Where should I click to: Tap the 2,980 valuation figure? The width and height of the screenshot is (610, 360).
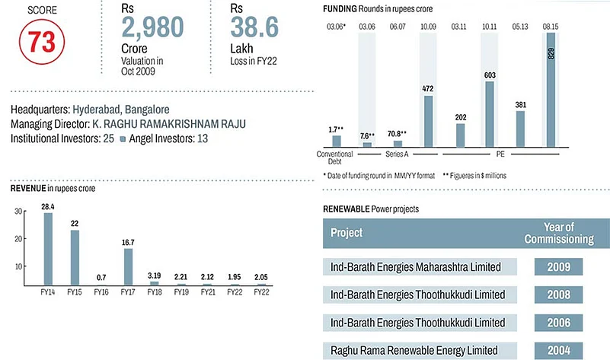tap(153, 28)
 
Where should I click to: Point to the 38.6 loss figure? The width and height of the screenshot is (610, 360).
tap(259, 28)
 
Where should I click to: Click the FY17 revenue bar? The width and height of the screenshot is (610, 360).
tap(128, 266)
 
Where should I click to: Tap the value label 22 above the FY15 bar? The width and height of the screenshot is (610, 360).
tap(75, 222)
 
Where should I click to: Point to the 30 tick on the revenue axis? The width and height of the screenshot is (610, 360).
tap(18, 212)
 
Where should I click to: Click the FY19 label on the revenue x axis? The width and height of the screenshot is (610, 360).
tap(181, 292)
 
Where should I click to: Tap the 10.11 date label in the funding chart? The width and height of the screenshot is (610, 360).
tap(488, 27)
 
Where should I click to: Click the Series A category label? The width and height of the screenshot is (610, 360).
tap(397, 155)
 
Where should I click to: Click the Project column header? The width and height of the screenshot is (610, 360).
tap(347, 233)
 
